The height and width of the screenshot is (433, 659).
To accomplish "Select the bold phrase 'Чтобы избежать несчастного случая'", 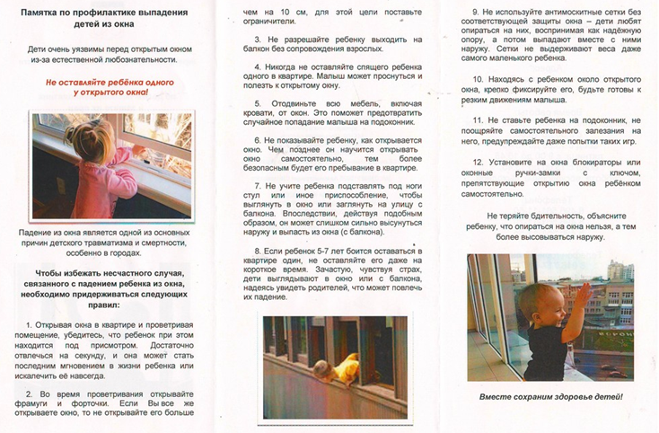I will (110, 273).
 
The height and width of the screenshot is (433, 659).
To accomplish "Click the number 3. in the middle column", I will (258, 40).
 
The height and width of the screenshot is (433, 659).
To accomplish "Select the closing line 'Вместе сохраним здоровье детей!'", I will (550, 396).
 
